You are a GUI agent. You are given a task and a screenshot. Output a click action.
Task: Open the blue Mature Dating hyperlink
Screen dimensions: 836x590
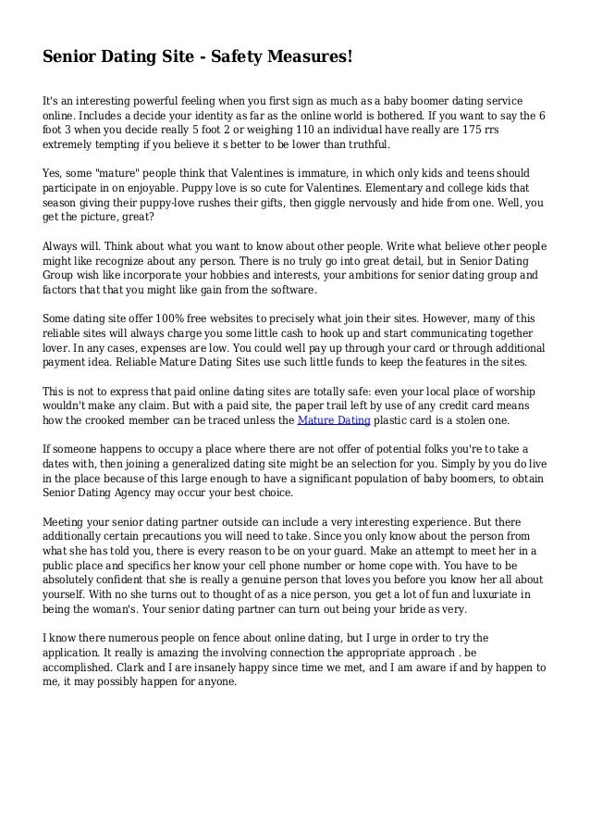(333, 420)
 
